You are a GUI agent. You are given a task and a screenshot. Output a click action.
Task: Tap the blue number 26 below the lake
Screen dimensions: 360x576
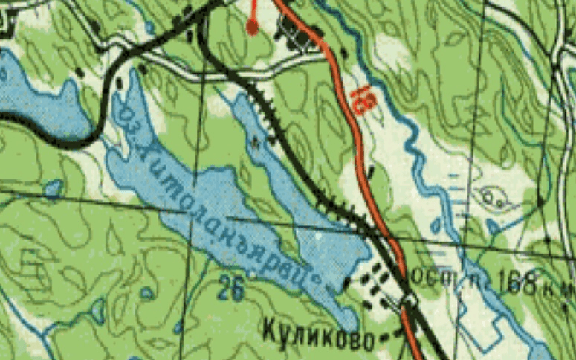[232, 289]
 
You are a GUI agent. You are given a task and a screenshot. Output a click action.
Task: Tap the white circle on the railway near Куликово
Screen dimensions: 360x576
[409, 300]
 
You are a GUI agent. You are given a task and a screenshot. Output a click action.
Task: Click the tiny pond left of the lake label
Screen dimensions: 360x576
[53, 188]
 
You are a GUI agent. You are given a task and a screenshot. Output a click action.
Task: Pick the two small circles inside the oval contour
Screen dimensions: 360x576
[493, 198]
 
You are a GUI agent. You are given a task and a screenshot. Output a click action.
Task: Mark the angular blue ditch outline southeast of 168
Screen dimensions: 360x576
[495, 225]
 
